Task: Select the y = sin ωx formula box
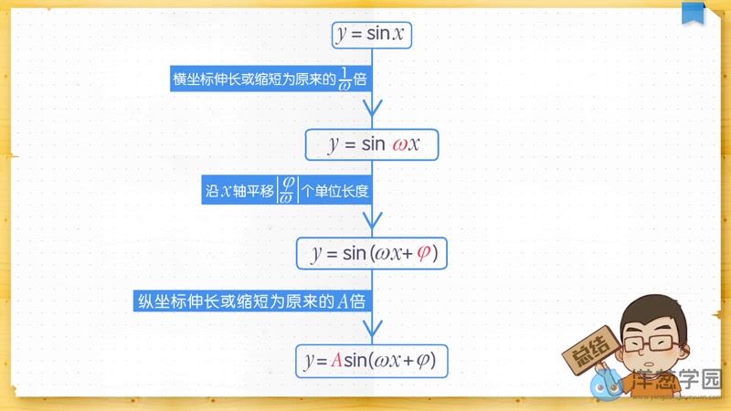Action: (x=372, y=144)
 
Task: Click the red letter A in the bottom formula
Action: (x=335, y=361)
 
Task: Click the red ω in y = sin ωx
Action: (x=398, y=145)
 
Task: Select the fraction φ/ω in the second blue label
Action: (x=286, y=191)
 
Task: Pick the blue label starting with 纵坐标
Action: (x=253, y=301)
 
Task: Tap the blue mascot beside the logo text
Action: (x=607, y=384)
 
